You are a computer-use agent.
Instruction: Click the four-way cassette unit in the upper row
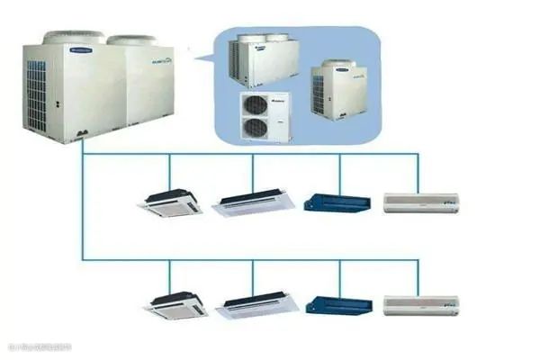(x=170, y=202)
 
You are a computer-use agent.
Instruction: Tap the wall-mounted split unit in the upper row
(x=421, y=202)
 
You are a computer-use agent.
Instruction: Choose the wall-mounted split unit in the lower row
(x=421, y=306)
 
